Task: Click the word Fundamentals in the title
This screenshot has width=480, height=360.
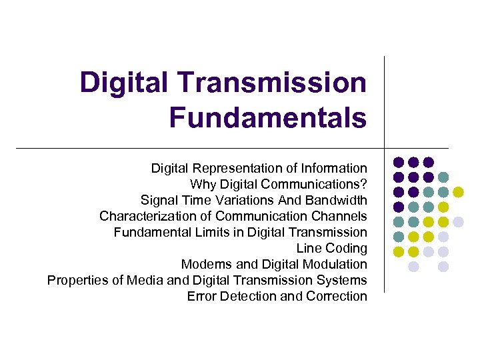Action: pos(267,117)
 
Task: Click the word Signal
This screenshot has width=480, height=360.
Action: pos(158,200)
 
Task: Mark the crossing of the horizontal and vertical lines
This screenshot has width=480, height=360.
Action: pos(385,147)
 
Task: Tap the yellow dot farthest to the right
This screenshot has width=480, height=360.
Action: pos(458,192)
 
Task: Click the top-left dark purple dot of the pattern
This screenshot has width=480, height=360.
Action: pos(399,162)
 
